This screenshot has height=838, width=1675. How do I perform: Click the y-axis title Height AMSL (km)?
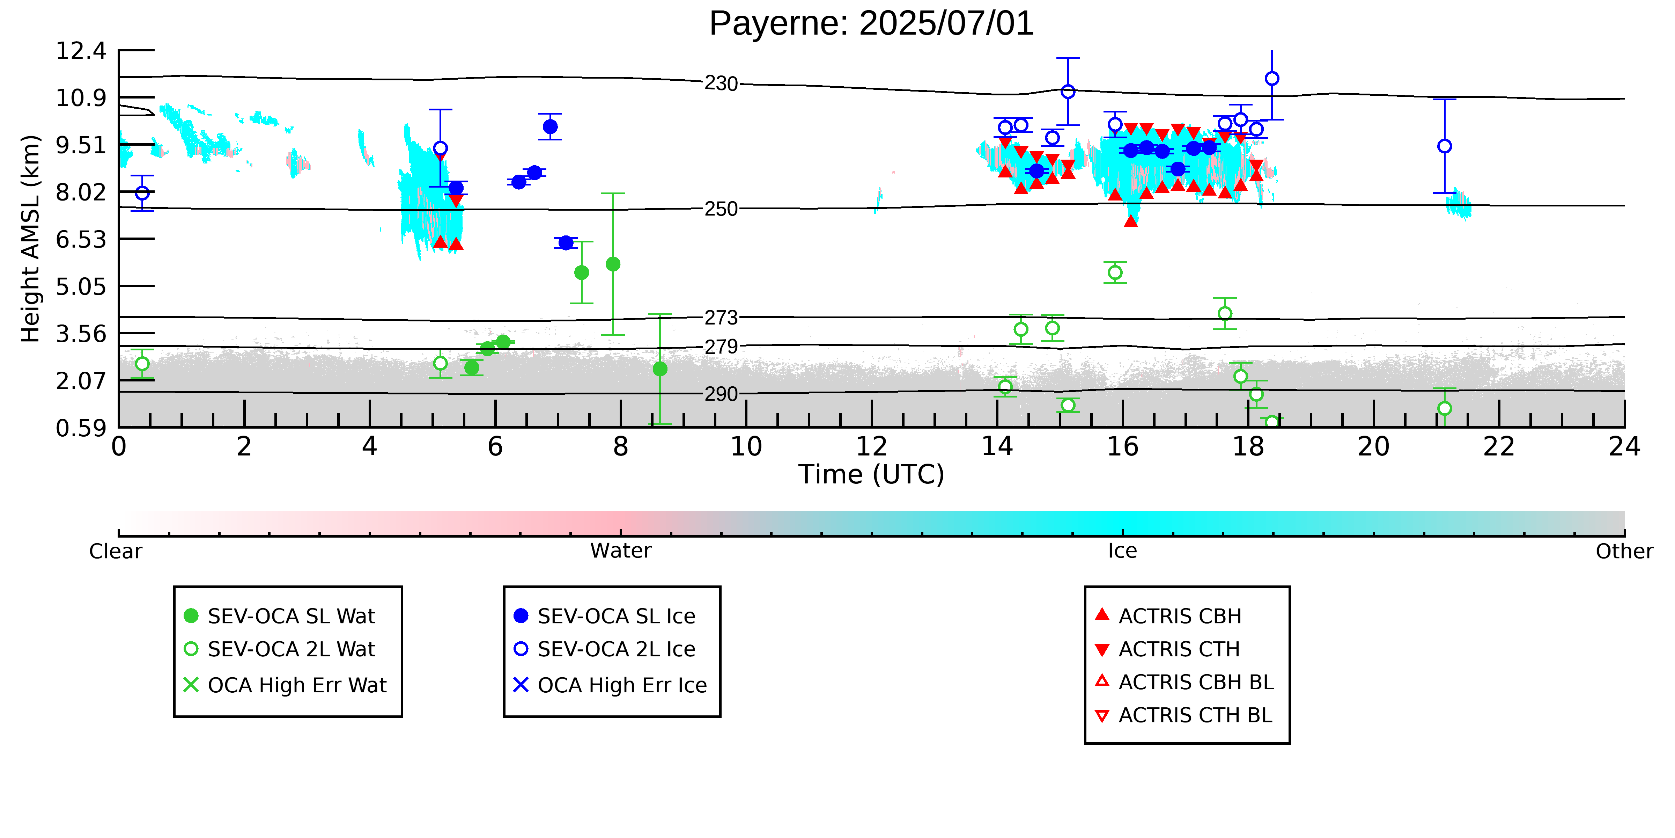pos(31,239)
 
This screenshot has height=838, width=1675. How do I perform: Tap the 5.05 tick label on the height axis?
pos(81,286)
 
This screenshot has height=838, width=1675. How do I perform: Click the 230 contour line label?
pos(721,84)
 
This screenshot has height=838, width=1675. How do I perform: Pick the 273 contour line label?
pos(721,318)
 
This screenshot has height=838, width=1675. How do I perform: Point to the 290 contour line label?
pos(721,394)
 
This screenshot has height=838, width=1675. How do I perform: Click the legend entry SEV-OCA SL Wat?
pos(280,616)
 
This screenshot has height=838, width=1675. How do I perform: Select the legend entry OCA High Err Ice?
pos(610,685)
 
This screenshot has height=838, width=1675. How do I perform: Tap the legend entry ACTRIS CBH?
pos(1168,616)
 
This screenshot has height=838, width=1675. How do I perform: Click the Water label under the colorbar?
pos(620,551)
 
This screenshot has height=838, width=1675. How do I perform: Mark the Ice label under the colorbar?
pos(1122,551)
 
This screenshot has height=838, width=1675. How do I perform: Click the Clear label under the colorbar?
pos(116,551)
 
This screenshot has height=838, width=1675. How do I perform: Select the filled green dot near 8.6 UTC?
pos(660,369)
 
